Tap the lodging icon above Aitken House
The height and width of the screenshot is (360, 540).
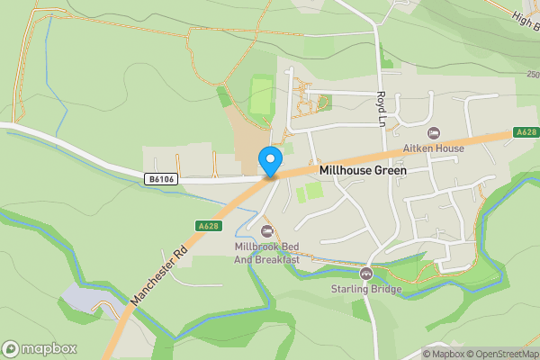pos(434,133)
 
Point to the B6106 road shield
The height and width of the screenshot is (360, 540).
pos(160,180)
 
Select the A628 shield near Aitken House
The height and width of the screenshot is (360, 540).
pos(526,132)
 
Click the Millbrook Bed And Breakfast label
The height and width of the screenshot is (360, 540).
pos(265,253)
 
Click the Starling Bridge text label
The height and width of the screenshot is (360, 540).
pos(365,289)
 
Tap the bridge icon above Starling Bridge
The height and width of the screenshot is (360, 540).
pos(365,273)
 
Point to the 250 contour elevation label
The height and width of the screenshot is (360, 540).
pos(532,74)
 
